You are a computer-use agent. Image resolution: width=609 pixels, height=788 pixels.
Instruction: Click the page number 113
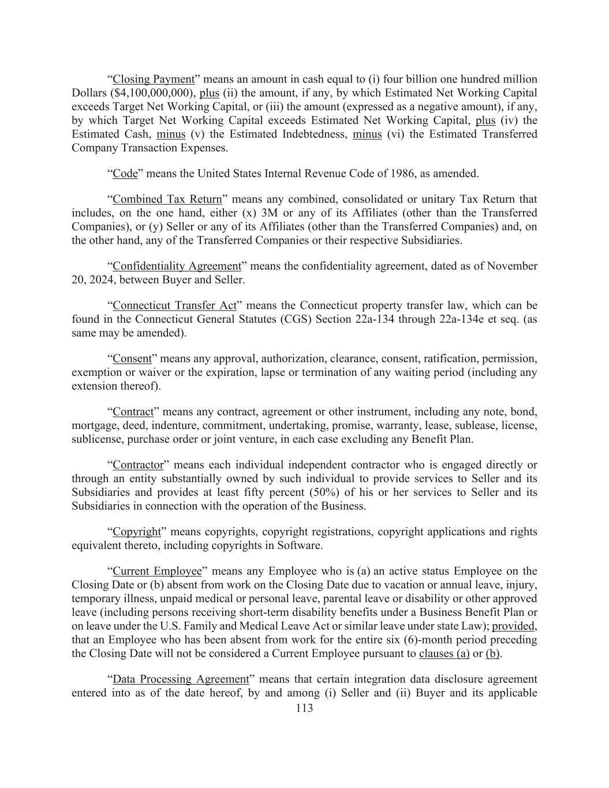(304, 708)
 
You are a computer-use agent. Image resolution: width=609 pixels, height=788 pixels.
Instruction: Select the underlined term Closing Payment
(154, 79)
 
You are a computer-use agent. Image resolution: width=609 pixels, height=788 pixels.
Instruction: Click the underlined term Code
(125, 174)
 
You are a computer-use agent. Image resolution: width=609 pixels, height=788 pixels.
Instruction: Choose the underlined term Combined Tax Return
(167, 199)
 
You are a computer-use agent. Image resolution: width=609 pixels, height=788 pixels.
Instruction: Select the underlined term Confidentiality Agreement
(177, 266)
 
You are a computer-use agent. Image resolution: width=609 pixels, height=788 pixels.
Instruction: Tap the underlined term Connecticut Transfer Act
(174, 305)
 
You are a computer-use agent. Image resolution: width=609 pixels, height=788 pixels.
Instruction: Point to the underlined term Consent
(132, 358)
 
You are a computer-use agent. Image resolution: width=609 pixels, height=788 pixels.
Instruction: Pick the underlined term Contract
(133, 412)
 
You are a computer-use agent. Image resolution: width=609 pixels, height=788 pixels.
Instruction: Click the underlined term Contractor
(138, 465)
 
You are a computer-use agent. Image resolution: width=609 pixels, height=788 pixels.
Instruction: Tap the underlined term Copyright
(137, 532)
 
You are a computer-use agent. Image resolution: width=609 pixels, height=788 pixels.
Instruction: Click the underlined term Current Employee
(157, 571)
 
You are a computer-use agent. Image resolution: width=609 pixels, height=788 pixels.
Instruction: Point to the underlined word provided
(513, 626)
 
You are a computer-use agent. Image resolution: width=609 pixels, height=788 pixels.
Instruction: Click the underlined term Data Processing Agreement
(180, 679)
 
